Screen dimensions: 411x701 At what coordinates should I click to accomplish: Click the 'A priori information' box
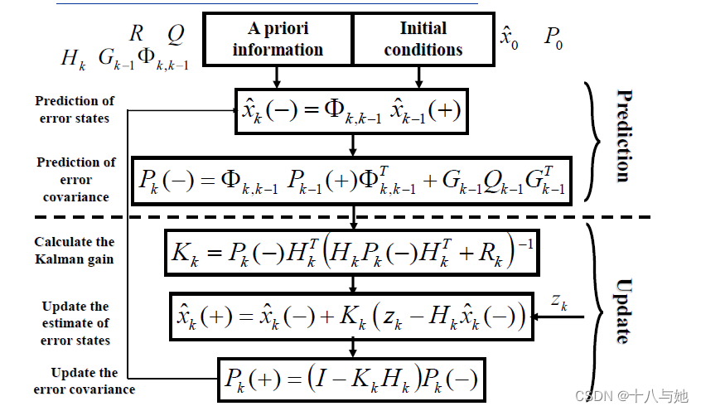278,39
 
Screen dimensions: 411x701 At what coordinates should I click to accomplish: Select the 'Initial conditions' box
423,39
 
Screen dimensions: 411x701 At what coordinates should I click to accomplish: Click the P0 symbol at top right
554,37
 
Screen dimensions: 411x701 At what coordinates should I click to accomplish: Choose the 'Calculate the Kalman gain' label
75,249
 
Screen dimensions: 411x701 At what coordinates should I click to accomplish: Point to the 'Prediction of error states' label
75,109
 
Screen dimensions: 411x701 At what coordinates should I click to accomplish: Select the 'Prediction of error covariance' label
75,180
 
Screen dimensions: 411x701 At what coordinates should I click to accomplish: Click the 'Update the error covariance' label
85,380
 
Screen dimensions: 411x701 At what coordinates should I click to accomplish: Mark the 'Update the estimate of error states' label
75,323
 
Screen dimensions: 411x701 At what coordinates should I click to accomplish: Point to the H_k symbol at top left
72,59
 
